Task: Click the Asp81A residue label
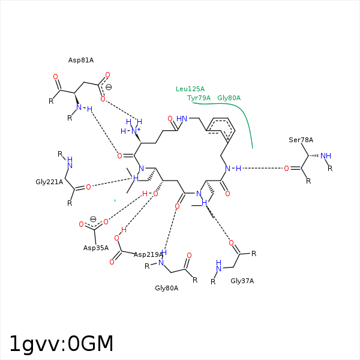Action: [x=81, y=60]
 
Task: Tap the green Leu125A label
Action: [x=190, y=89]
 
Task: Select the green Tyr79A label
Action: [x=199, y=98]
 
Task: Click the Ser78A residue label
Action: [x=301, y=140]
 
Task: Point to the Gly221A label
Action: [x=49, y=182]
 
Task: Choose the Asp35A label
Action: [x=96, y=248]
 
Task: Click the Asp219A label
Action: [x=148, y=254]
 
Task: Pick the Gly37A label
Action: [x=242, y=281]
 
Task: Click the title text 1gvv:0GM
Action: [x=61, y=344]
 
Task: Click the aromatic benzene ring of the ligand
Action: [x=220, y=130]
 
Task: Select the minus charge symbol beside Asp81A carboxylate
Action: [x=109, y=87]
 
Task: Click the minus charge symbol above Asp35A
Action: [x=93, y=219]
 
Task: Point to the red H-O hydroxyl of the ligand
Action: [x=150, y=194]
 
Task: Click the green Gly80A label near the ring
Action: [x=229, y=98]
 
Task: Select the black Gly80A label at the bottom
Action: [x=167, y=288]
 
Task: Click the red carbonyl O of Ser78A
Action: [x=286, y=169]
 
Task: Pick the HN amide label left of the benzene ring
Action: [x=182, y=119]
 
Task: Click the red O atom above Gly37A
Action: [x=231, y=243]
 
